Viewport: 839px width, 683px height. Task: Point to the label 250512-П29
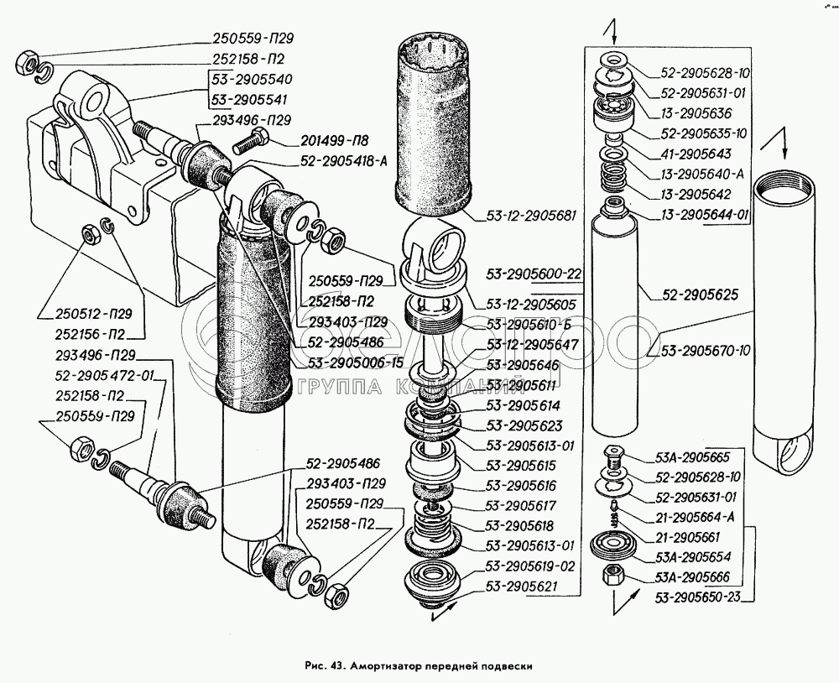(x=76, y=315)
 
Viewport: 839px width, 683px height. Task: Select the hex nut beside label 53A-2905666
(x=612, y=576)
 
